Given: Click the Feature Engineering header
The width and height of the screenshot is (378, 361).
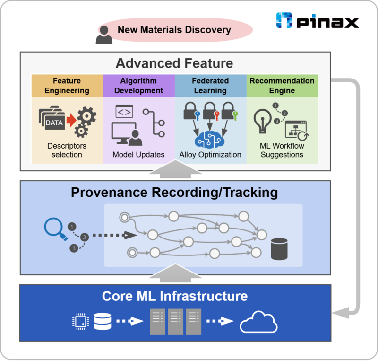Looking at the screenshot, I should point(67,86).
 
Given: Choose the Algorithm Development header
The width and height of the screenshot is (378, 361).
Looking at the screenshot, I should point(139,86).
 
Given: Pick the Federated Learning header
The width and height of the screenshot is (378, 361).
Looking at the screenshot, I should point(210,86).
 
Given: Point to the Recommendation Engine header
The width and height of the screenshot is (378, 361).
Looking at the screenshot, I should point(282,86).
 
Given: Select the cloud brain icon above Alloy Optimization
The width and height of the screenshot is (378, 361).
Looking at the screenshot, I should point(210,139).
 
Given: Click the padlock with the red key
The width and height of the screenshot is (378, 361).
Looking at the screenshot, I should point(210,110).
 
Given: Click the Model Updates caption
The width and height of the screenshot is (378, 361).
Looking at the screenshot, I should point(138,155).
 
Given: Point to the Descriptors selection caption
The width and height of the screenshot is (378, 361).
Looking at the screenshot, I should point(67,150).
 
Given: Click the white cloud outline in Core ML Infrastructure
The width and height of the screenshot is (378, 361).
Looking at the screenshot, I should point(258,323).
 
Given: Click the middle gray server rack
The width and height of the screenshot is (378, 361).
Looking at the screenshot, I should point(175,321).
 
